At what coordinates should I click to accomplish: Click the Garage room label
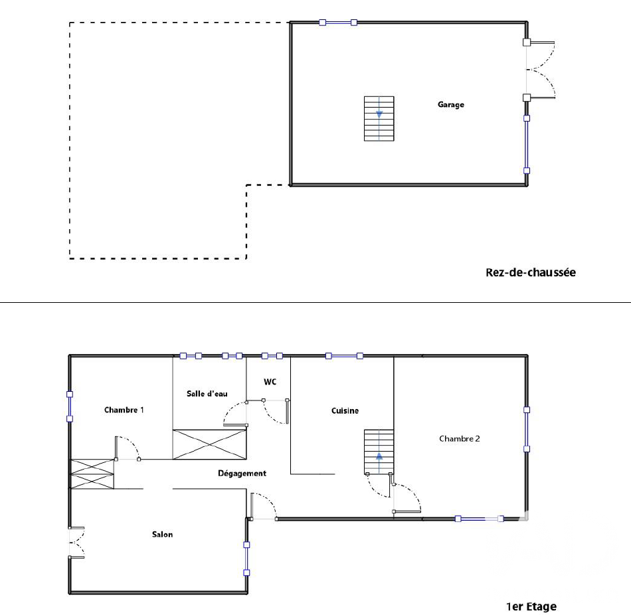451,105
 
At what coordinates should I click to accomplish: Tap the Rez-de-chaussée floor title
531,272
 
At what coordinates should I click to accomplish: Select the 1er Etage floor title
531,606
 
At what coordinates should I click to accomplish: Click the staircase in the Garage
379,119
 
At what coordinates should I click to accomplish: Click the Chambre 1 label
124,410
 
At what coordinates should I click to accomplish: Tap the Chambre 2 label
459,439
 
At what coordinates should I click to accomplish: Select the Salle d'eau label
207,394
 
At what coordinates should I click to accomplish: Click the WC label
270,382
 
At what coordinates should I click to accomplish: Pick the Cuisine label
345,410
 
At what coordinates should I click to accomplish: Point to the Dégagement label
242,474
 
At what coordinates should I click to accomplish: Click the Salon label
162,535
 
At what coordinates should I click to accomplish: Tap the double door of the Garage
540,70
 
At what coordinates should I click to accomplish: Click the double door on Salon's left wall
76,542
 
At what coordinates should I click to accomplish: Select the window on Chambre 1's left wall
70,406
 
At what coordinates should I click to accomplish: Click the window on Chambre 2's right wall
526,430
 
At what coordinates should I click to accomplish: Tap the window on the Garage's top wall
338,23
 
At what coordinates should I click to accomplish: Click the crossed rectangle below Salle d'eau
209,444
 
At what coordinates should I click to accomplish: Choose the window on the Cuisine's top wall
344,356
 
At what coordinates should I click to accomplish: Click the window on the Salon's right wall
246,559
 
